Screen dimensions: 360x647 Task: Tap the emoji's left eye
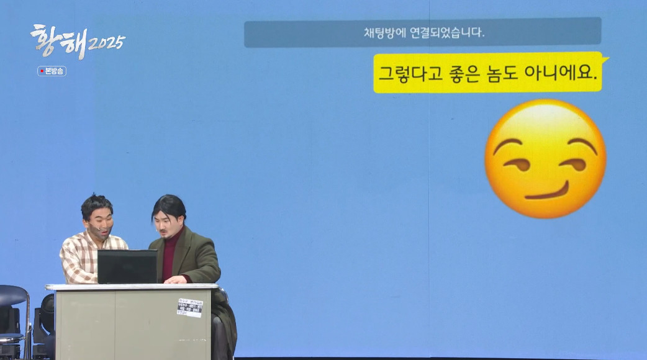[x=517, y=164]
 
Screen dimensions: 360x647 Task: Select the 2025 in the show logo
[x=107, y=43]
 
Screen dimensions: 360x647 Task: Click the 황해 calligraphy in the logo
[x=58, y=40]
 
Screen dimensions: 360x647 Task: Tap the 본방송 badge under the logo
[x=52, y=71]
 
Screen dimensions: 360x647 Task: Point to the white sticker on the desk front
[x=189, y=307]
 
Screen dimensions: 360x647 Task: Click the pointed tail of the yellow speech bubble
[x=606, y=60]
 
